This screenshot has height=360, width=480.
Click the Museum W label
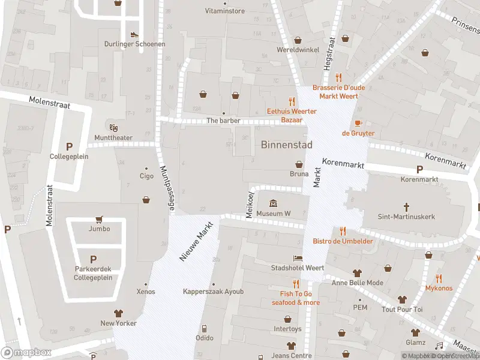(273, 214)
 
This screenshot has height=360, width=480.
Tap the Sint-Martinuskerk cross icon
(406, 208)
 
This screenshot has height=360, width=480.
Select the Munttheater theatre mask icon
(113, 127)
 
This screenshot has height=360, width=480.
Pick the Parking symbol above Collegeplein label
(69, 146)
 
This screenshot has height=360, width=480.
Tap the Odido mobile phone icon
(204, 328)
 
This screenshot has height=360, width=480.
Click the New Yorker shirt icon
(118, 313)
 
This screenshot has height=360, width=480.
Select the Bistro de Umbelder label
(343, 241)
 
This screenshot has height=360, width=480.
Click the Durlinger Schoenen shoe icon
(134, 35)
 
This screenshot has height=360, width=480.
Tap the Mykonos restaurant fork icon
(439, 278)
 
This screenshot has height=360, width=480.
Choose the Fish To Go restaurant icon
(295, 284)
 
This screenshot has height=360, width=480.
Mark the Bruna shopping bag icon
(299, 164)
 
